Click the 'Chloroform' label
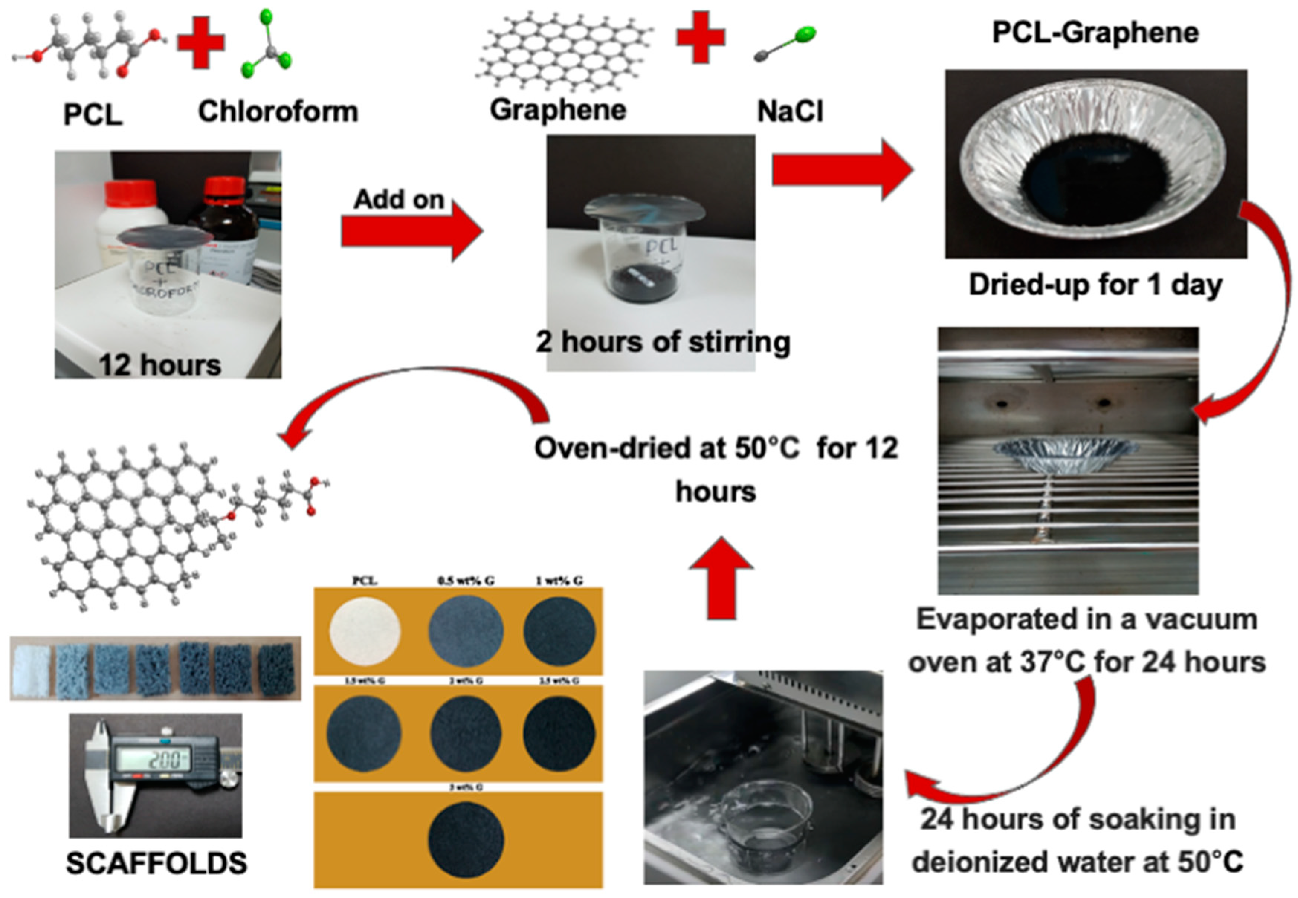pyautogui.click(x=278, y=111)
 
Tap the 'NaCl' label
pyautogui.click(x=790, y=111)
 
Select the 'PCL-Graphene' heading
pyautogui.click(x=1095, y=33)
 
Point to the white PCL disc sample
pyautogui.click(x=364, y=630)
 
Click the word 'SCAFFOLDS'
pyautogui.click(x=156, y=863)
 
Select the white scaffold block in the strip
pyautogui.click(x=30, y=669)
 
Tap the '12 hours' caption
pyautogui.click(x=160, y=364)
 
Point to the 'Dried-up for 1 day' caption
pyautogui.click(x=1095, y=285)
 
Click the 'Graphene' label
pyautogui.click(x=557, y=110)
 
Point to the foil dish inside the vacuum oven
pyautogui.click(x=1066, y=450)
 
